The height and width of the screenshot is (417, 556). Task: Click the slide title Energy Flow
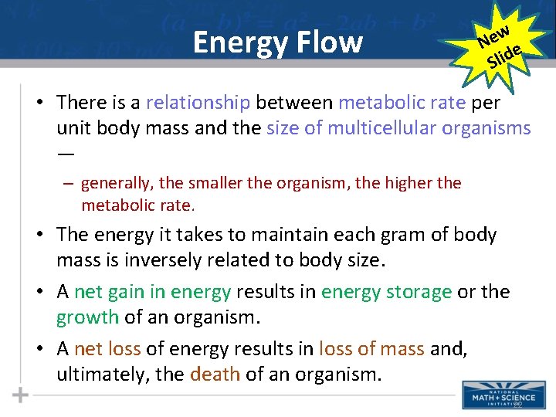coord(277,42)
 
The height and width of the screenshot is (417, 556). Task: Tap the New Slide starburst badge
coord(499,45)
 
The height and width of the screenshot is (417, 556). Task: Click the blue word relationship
coord(198,102)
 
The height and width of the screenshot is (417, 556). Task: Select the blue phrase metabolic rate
coord(402,102)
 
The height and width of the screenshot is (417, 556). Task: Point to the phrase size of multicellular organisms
coord(398,127)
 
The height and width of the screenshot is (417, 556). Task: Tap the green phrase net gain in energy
coord(153,292)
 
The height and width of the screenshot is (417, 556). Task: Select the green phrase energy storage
coord(386,292)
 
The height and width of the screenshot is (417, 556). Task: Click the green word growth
coord(87,317)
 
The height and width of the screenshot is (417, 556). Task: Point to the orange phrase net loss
coord(107,348)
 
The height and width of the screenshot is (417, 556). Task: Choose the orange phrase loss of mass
coord(371,348)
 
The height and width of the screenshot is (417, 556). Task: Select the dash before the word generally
coord(69,184)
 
